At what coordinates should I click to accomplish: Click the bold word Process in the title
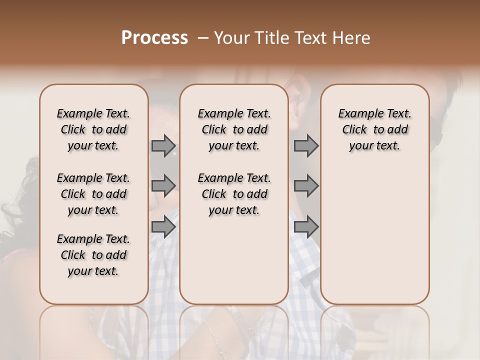pyautogui.click(x=154, y=38)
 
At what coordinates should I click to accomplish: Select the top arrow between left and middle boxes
pyautogui.click(x=163, y=146)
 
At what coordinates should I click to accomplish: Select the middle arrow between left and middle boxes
pyautogui.click(x=163, y=185)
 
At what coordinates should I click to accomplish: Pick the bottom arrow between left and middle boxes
pyautogui.click(x=163, y=227)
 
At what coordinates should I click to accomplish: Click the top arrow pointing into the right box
pyautogui.click(x=306, y=146)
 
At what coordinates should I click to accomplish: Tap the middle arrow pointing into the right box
pyautogui.click(x=306, y=185)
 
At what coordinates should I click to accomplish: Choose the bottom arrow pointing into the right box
pyautogui.click(x=306, y=227)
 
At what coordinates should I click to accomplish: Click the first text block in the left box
pyautogui.click(x=93, y=129)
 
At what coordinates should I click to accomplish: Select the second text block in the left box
pyautogui.click(x=93, y=194)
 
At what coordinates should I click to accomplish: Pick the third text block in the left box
pyautogui.click(x=93, y=255)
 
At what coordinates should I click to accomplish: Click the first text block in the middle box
pyautogui.click(x=234, y=129)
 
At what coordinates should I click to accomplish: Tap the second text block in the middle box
pyautogui.click(x=234, y=194)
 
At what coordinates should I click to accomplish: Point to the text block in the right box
pyautogui.click(x=375, y=129)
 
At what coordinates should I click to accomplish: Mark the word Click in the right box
pyautogui.click(x=354, y=130)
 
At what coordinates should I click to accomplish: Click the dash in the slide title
pyautogui.click(x=202, y=38)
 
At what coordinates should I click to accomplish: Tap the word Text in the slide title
pyautogui.click(x=309, y=38)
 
